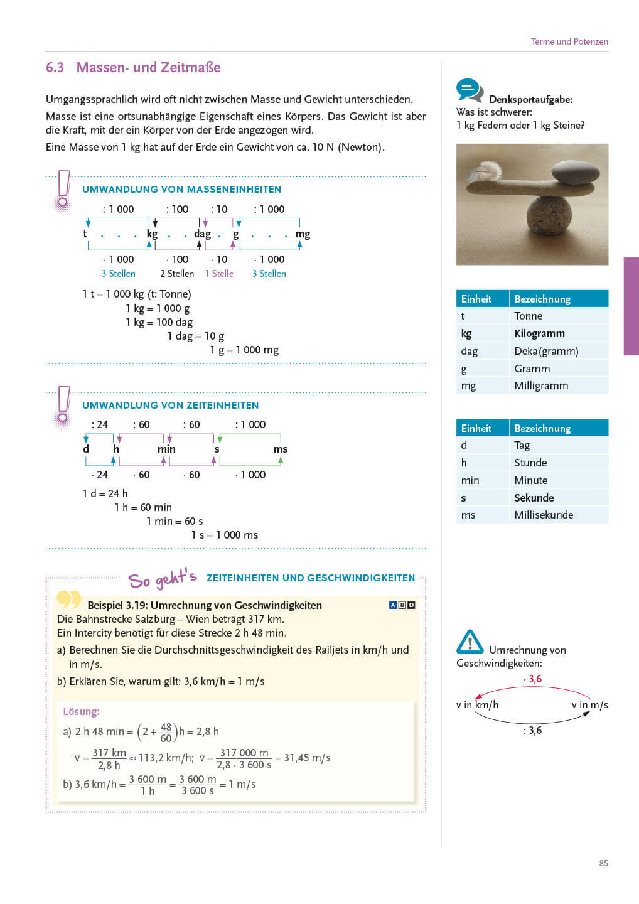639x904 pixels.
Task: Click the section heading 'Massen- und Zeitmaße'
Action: [x=148, y=68]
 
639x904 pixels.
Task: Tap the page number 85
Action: [x=603, y=863]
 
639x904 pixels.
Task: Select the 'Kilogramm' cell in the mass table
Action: [x=539, y=333]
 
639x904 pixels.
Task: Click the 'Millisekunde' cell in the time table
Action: [x=544, y=515]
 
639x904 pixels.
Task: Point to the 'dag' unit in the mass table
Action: [x=469, y=351]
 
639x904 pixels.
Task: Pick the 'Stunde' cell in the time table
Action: [x=530, y=463]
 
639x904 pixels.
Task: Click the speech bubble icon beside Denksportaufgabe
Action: [x=469, y=90]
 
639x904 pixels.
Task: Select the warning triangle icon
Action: [x=470, y=642]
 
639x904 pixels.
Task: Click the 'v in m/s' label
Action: [x=589, y=705]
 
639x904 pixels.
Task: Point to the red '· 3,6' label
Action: [x=533, y=679]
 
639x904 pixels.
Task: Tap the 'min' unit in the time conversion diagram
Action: [x=166, y=449]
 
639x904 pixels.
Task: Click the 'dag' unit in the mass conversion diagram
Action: [x=202, y=234]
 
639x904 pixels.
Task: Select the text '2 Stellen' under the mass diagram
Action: [x=177, y=274]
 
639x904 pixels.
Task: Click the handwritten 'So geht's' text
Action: [x=163, y=578]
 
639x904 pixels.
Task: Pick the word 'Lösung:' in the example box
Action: [x=81, y=711]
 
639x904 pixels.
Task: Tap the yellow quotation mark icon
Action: [x=68, y=600]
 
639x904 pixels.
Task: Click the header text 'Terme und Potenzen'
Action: [x=569, y=41]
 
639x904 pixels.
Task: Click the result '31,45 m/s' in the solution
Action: [x=307, y=758]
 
